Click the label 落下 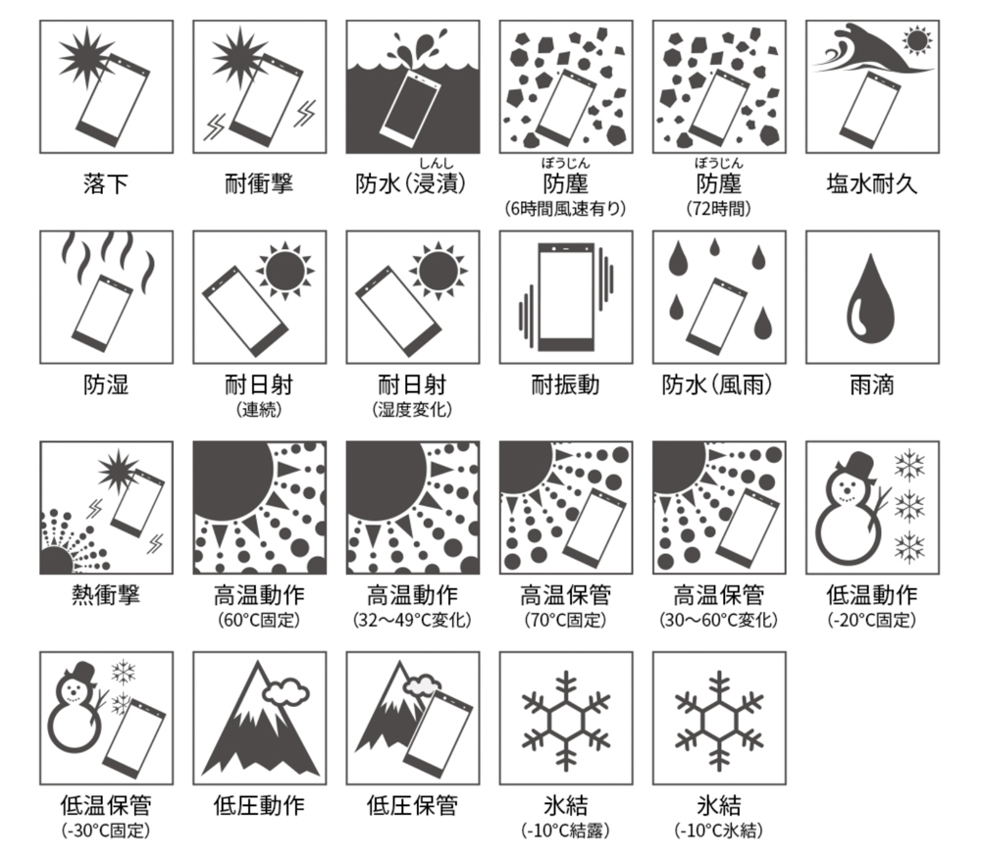pyautogui.click(x=106, y=184)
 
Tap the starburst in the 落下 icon pyautogui.click(x=85, y=56)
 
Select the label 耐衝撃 pyautogui.click(x=259, y=184)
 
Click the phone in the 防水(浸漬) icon pyautogui.click(x=410, y=108)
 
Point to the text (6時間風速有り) pyautogui.click(x=566, y=208)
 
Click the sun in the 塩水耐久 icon pyautogui.click(x=917, y=41)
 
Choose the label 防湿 pyautogui.click(x=106, y=384)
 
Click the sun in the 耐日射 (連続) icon pyautogui.click(x=284, y=271)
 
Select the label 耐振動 pyautogui.click(x=566, y=384)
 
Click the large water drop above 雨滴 pyautogui.click(x=871, y=298)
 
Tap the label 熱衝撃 pyautogui.click(x=106, y=595)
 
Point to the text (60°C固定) pyautogui.click(x=259, y=620)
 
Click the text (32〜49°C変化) pyautogui.click(x=412, y=620)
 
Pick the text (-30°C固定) pyautogui.click(x=106, y=831)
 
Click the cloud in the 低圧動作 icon pyautogui.click(x=285, y=692)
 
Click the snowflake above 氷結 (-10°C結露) pyautogui.click(x=566, y=721)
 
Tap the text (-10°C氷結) pyautogui.click(x=719, y=831)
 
